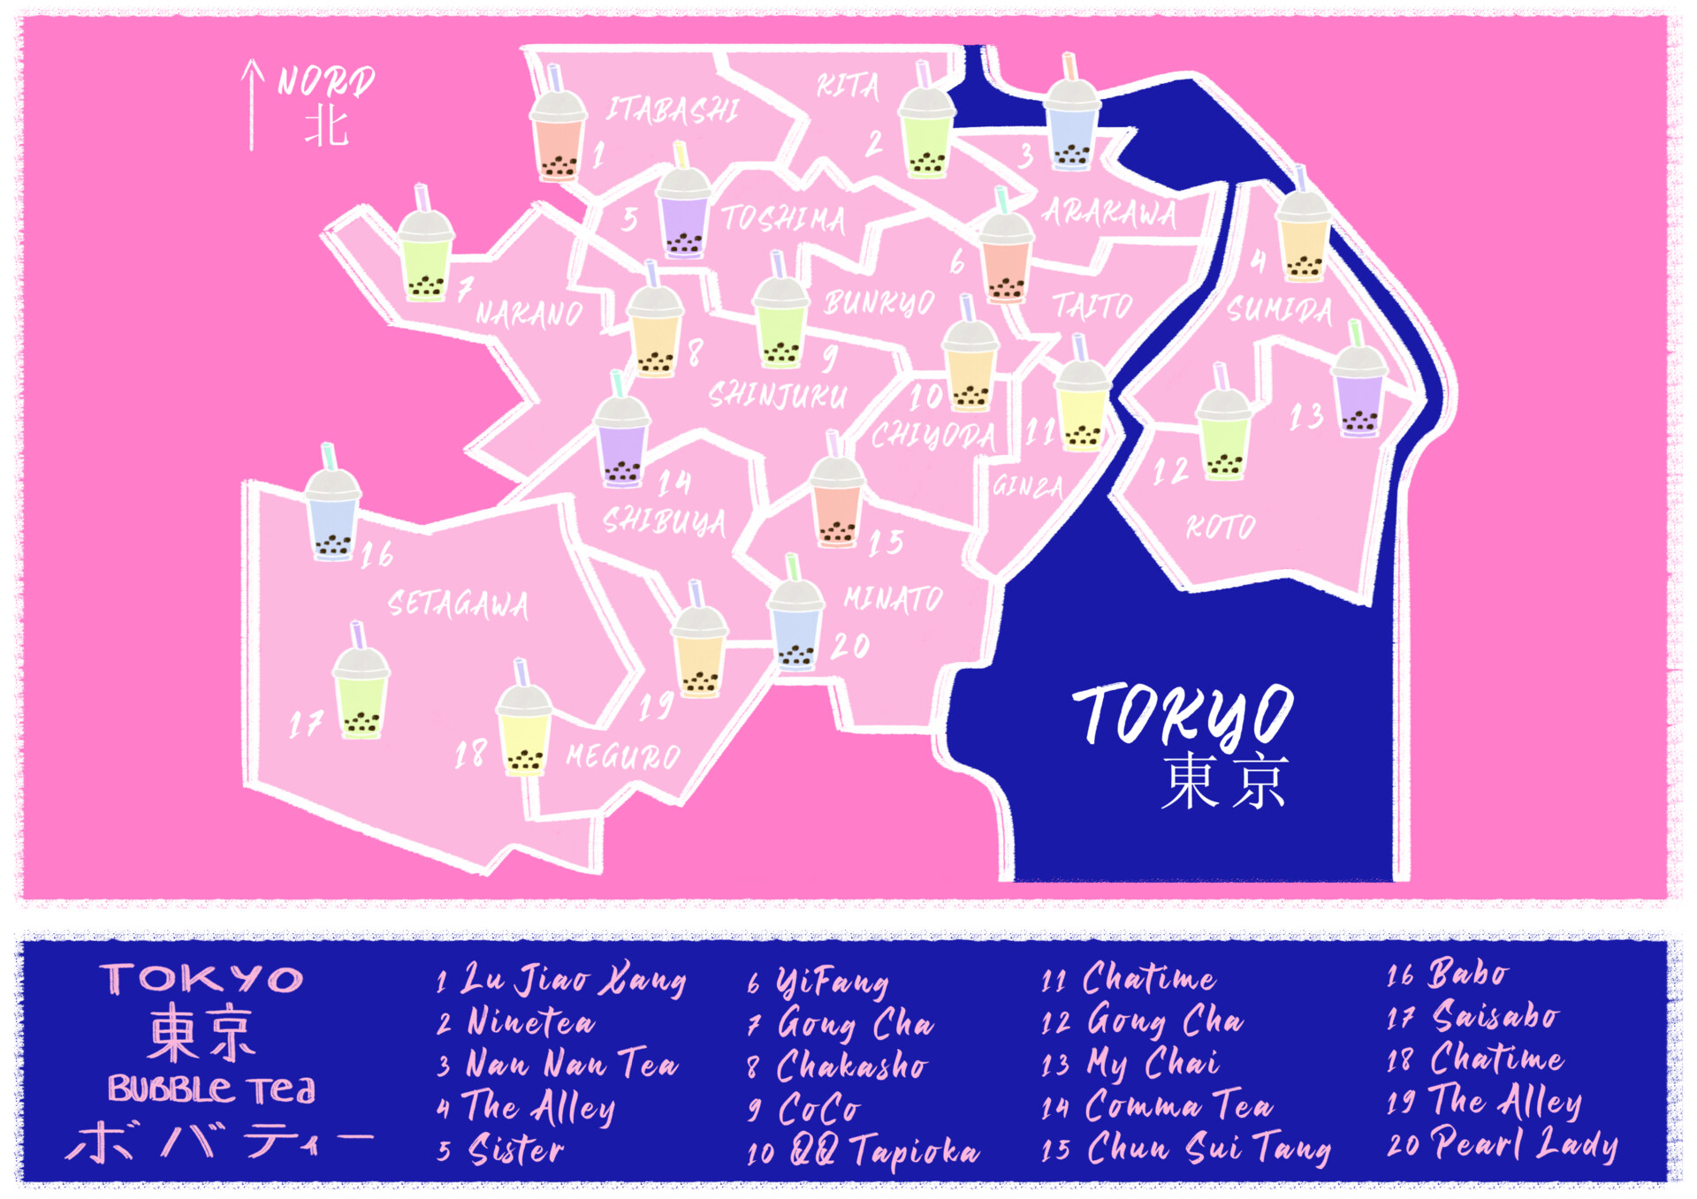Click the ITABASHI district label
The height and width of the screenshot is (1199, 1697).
pyautogui.click(x=672, y=110)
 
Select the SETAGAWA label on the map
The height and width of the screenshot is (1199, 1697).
pyautogui.click(x=458, y=604)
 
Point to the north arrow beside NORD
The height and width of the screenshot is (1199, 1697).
pyautogui.click(x=253, y=104)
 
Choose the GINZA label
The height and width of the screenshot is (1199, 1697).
pyautogui.click(x=1027, y=486)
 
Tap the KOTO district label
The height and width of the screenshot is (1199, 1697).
pyautogui.click(x=1221, y=527)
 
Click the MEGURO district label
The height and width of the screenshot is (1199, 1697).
pyautogui.click(x=623, y=756)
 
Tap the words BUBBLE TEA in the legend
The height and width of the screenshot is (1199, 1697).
pyautogui.click(x=211, y=1089)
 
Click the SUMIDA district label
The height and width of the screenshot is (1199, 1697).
pyautogui.click(x=1279, y=310)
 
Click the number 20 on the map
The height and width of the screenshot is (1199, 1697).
pyautogui.click(x=849, y=646)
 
